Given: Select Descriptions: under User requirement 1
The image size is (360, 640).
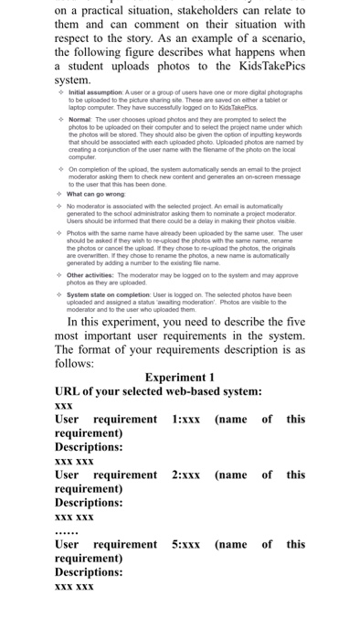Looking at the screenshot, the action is point(90,447).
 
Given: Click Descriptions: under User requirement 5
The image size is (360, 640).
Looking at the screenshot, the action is point(90,572).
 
